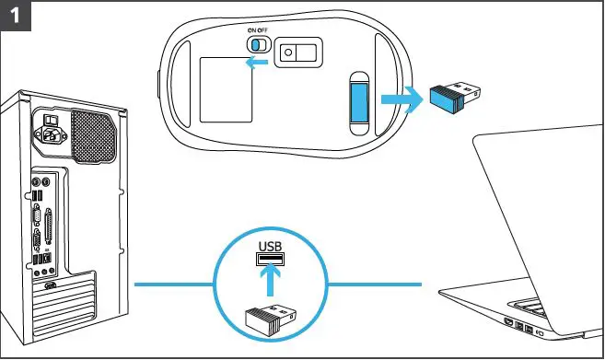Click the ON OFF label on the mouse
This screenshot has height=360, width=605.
[257, 30]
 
